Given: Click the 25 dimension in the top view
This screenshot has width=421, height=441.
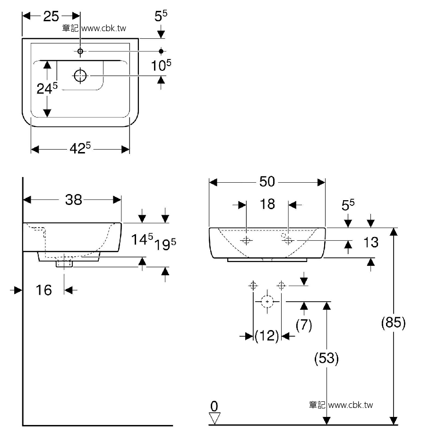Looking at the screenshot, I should (51, 17).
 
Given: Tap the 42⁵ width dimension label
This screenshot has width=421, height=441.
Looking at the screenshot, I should (80, 148).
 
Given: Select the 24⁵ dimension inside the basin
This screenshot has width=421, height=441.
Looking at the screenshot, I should (47, 88).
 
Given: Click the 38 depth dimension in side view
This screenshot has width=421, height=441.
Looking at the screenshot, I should (73, 200).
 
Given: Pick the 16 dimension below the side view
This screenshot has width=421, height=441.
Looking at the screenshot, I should (44, 290).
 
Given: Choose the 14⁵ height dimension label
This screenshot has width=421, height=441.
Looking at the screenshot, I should (142, 240).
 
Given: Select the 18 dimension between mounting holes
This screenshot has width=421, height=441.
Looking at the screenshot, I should (267, 204).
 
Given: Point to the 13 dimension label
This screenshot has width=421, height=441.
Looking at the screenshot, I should (371, 242).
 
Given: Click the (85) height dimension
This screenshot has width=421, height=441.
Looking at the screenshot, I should (393, 323).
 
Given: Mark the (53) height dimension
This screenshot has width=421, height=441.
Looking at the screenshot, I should (326, 358).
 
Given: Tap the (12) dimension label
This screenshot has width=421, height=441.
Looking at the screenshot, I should (267, 336).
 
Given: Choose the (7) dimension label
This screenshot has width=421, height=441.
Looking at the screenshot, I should (304, 325).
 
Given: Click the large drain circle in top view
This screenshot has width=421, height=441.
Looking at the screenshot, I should (80, 76).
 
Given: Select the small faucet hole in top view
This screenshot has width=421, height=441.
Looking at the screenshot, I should (80, 51).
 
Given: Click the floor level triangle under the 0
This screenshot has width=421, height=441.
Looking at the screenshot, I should (215, 418).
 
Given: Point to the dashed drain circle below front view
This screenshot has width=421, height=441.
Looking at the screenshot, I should (267, 301).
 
